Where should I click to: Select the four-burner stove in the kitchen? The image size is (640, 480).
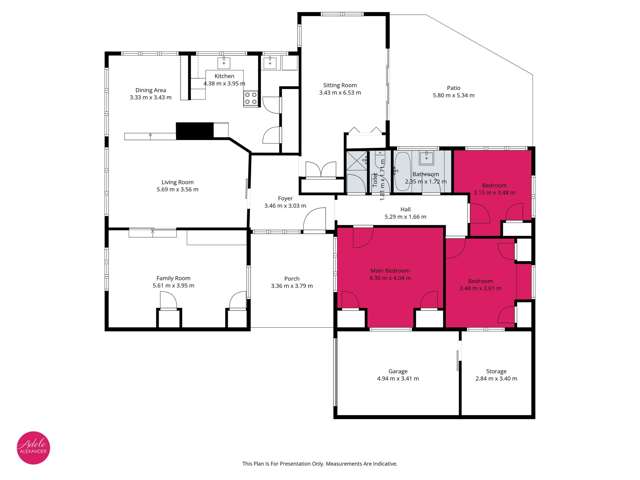tap(250, 97)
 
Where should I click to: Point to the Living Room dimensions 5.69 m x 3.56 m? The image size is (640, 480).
tap(175, 190)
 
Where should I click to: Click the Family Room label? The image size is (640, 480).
tap(173, 277)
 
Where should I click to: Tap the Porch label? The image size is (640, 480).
tap(292, 277)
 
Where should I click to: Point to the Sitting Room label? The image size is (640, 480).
tap(340, 85)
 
